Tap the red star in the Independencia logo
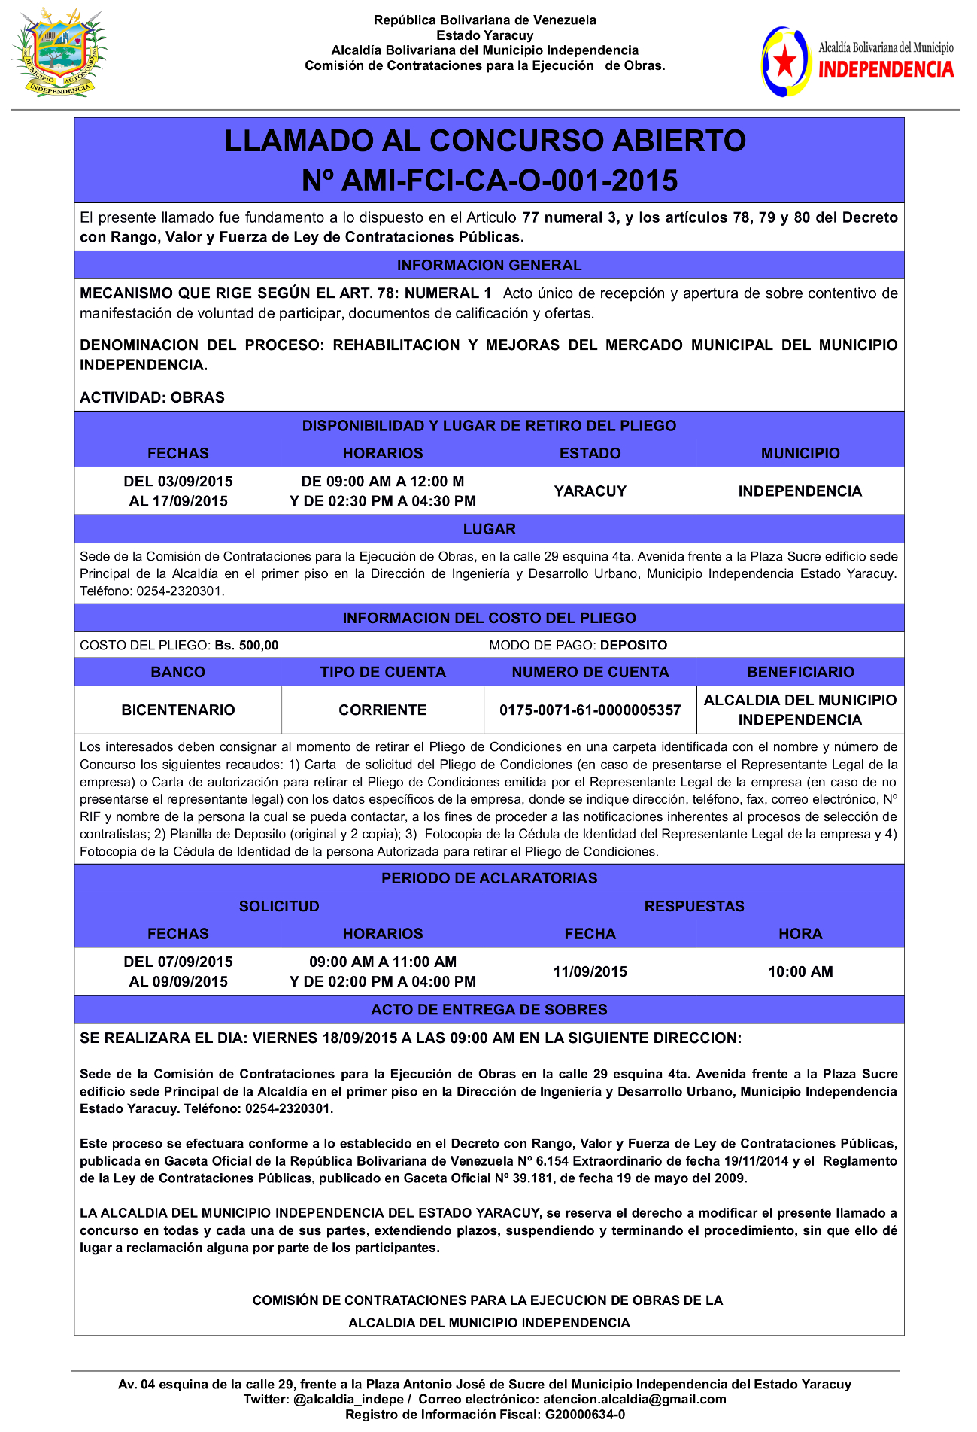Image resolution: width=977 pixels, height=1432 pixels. click(x=785, y=62)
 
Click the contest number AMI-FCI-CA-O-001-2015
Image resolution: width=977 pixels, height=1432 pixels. click(x=490, y=181)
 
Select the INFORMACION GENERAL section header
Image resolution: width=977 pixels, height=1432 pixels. click(x=489, y=265)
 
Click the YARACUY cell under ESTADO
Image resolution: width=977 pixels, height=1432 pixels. click(x=590, y=491)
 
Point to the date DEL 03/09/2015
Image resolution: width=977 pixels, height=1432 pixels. click(x=178, y=482)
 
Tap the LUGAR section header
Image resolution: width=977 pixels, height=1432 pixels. click(x=489, y=529)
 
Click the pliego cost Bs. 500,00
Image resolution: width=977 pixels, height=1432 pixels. click(x=247, y=646)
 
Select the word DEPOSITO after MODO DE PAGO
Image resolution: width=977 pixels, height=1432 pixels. click(x=633, y=646)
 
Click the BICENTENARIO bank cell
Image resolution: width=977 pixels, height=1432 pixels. click(x=178, y=710)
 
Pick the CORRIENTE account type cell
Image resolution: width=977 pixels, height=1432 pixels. click(x=382, y=710)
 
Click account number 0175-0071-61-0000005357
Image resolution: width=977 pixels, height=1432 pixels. click(x=590, y=710)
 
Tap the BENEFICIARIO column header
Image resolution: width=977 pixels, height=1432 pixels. click(x=800, y=672)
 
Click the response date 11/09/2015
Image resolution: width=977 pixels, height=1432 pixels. click(x=590, y=971)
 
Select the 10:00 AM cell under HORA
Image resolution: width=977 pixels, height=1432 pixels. click(x=800, y=971)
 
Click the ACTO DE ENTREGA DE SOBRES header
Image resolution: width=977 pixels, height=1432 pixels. click(x=489, y=1009)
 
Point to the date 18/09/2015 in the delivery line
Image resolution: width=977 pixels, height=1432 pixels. click(x=360, y=1038)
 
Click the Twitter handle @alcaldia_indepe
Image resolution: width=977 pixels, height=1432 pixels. click(x=348, y=1400)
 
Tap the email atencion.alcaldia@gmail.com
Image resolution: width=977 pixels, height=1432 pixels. click(x=635, y=1400)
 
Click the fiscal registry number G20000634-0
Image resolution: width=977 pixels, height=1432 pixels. click(x=585, y=1415)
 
